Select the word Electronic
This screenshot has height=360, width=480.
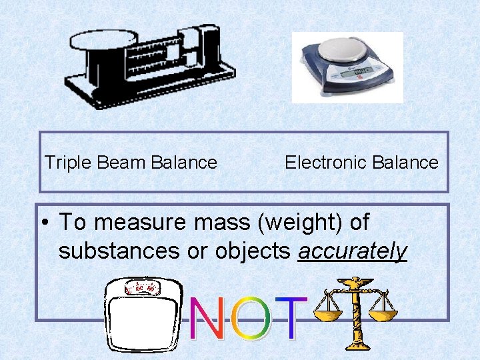click(x=317, y=163)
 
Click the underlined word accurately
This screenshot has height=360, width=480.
click(x=353, y=251)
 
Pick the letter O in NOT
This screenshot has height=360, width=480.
click(x=248, y=319)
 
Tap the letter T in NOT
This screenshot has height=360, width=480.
click(x=289, y=319)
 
